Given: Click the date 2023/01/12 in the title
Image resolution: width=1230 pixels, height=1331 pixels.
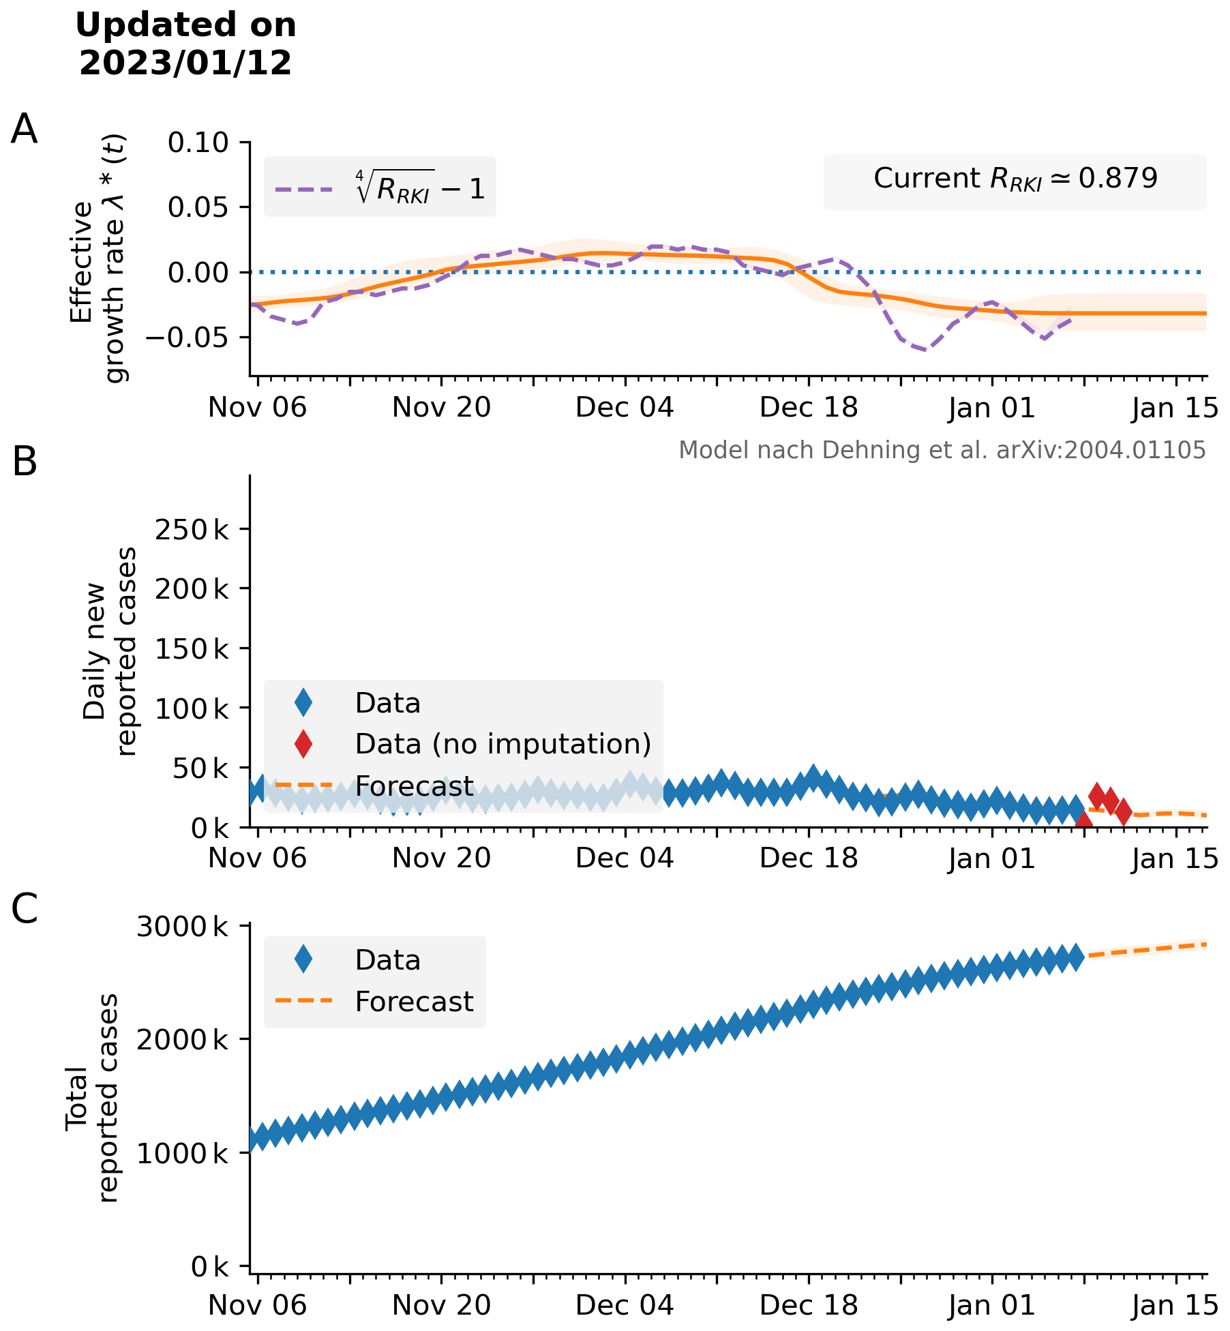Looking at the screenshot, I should pyautogui.click(x=185, y=63).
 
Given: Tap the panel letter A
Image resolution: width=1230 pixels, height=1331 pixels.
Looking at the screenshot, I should pyautogui.click(x=24, y=129).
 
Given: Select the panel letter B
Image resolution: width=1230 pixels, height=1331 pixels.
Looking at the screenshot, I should pyautogui.click(x=25, y=462).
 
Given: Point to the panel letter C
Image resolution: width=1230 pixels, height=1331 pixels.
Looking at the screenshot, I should pyautogui.click(x=25, y=909).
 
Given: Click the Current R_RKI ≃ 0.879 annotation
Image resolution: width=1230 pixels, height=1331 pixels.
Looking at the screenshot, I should pyautogui.click(x=1015, y=179).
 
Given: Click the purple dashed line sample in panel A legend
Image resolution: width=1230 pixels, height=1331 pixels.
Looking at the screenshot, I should pyautogui.click(x=304, y=190).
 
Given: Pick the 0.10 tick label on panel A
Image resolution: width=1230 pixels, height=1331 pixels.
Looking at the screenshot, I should pyautogui.click(x=198, y=143).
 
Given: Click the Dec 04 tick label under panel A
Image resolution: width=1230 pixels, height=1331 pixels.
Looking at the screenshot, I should pyautogui.click(x=624, y=408).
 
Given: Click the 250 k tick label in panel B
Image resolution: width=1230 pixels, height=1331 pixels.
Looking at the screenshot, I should pyautogui.click(x=192, y=529).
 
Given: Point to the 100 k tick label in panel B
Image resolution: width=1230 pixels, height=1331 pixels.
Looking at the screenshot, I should pyautogui.click(x=192, y=709).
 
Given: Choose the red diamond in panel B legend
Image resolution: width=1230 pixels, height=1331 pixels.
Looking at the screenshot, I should pyautogui.click(x=303, y=744).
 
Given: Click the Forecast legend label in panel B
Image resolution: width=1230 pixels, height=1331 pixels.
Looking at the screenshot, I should pyautogui.click(x=414, y=786).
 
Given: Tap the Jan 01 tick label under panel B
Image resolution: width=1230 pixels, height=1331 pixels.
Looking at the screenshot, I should pyautogui.click(x=991, y=858).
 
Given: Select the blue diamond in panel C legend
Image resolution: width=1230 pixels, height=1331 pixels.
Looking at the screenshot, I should pyautogui.click(x=303, y=960).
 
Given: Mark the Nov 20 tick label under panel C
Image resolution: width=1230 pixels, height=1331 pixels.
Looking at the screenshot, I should pyautogui.click(x=441, y=1305).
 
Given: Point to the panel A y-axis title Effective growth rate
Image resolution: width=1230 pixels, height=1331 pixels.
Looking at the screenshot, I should pyautogui.click(x=99, y=259).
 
